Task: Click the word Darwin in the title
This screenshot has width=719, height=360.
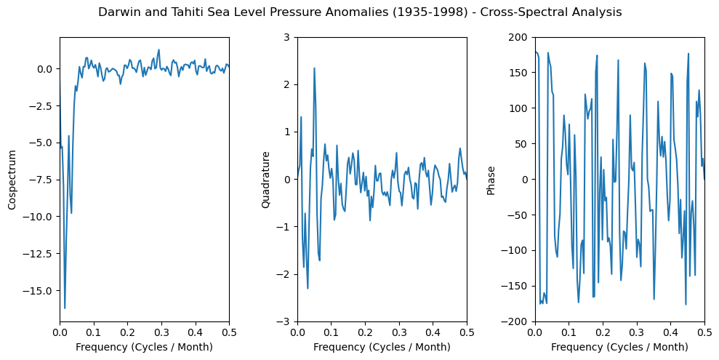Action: (117, 12)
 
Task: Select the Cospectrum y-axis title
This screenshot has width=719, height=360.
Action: (12, 180)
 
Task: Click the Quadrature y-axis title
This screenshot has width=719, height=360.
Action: (266, 180)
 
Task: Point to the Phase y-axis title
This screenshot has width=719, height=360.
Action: (491, 180)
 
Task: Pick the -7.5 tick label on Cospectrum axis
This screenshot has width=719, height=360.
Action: (42, 180)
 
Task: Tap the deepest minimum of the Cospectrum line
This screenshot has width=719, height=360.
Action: (65, 308)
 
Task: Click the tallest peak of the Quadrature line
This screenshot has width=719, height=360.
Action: (314, 68)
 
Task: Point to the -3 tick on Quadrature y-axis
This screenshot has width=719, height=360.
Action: (286, 321)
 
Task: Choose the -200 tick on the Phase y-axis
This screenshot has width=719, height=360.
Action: (519, 321)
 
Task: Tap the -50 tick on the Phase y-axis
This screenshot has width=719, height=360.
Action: (521, 215)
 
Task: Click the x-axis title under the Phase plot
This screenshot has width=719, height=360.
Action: (619, 347)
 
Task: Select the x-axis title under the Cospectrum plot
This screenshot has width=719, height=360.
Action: (144, 347)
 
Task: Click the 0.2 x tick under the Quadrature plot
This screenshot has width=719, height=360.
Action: (365, 331)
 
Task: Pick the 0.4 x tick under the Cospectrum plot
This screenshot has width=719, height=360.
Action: (195, 331)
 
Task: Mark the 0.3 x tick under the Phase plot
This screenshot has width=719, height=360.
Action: (637, 331)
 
